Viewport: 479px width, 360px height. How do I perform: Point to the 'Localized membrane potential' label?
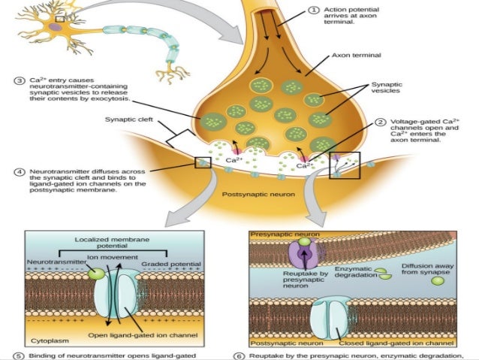114,242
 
